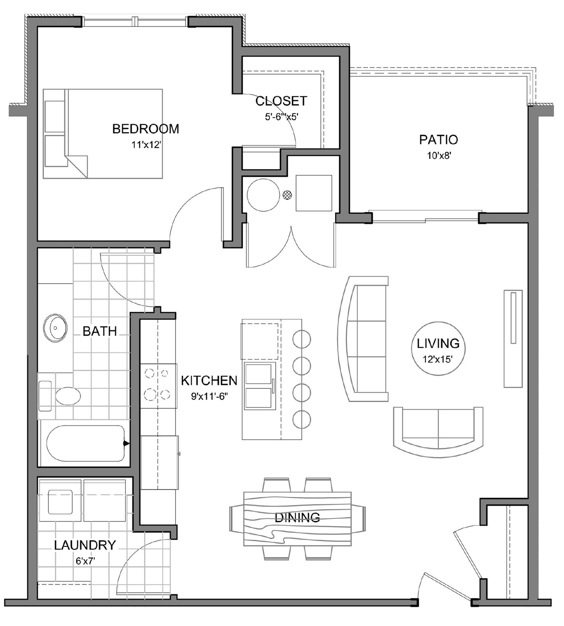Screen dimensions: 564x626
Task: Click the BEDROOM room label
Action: click(x=146, y=129)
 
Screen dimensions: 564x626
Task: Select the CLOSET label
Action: click(x=281, y=101)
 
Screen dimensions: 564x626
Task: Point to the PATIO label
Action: click(x=438, y=140)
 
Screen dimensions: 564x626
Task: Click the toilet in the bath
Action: click(x=60, y=396)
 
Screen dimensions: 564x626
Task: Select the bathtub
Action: click(x=85, y=443)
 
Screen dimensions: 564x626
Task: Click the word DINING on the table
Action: click(x=297, y=517)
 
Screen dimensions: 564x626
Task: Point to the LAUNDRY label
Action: click(x=85, y=545)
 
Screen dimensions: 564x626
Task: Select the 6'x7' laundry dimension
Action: click(x=85, y=561)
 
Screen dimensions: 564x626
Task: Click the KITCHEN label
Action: click(x=209, y=380)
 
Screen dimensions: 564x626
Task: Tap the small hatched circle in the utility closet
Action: click(x=287, y=195)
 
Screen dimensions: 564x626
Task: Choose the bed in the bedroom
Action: click(x=103, y=134)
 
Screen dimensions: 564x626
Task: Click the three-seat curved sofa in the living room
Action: click(x=363, y=339)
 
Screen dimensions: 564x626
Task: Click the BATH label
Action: click(x=100, y=331)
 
